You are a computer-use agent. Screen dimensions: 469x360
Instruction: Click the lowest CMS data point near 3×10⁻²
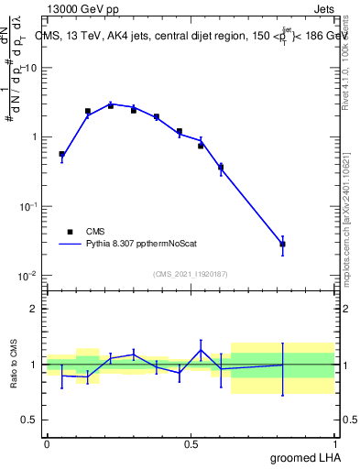point(283,245)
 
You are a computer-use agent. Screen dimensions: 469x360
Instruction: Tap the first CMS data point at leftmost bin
point(61,155)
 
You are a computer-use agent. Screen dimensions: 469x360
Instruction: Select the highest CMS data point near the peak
point(111,105)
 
